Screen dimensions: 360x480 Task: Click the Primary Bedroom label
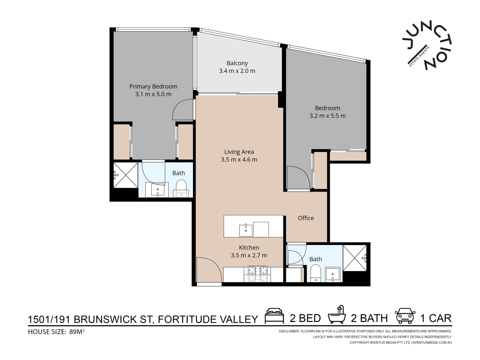(153, 86)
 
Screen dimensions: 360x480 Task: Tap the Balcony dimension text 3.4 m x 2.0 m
(237, 71)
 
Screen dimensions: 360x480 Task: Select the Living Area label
(239, 152)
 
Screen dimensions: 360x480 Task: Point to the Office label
(306, 218)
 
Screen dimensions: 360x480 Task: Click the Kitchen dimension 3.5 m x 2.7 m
(249, 255)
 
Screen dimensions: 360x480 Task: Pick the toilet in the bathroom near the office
(315, 273)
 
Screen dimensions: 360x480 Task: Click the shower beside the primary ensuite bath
(125, 175)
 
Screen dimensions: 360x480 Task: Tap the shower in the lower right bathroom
(355, 258)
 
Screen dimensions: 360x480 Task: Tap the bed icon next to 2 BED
(274, 316)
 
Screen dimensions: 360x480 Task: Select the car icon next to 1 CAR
(405, 316)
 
